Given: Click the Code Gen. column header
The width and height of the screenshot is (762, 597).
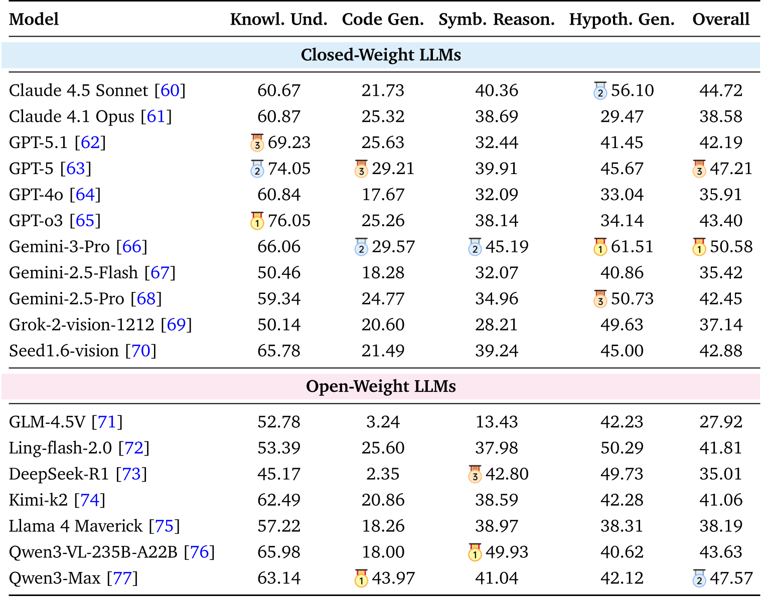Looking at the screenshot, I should (x=383, y=19).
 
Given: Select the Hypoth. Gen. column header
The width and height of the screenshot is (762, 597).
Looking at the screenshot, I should (x=622, y=19).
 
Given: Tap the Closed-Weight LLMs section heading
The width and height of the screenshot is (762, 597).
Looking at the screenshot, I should (x=381, y=55).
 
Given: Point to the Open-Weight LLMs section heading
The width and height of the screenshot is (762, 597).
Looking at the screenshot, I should (x=381, y=386).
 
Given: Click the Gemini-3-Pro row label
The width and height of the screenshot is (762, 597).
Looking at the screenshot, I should (x=59, y=247).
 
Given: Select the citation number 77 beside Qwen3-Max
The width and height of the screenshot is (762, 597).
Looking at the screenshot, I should (x=122, y=578).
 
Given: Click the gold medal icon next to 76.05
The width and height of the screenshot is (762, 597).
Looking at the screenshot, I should (x=257, y=221).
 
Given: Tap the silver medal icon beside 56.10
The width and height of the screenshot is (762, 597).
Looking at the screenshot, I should (x=600, y=91).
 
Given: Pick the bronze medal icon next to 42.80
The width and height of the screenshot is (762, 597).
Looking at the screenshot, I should (x=475, y=474).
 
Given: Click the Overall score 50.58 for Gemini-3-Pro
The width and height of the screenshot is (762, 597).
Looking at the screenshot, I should (x=731, y=247).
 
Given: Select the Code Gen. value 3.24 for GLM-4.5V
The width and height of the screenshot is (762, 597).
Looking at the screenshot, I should (x=383, y=422).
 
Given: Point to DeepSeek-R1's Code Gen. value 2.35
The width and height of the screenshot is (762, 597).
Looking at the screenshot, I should (x=383, y=474).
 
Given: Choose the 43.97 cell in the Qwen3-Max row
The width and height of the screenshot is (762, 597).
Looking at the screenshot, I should (x=393, y=578).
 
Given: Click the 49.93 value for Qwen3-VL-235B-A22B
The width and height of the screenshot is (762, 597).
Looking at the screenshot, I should (x=507, y=552).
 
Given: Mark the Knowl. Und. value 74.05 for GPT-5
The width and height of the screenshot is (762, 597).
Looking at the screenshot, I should (x=289, y=169).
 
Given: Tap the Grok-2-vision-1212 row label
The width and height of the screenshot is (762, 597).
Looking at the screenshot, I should (x=82, y=325).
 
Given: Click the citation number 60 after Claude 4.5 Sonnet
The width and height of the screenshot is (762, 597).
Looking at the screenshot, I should (x=170, y=91).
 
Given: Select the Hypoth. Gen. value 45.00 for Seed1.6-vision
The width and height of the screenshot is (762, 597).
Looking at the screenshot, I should (x=622, y=351).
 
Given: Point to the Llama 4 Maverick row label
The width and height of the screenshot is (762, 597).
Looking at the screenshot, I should (x=76, y=526).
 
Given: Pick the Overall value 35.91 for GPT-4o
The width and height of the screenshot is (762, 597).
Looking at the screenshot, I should (x=720, y=195).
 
